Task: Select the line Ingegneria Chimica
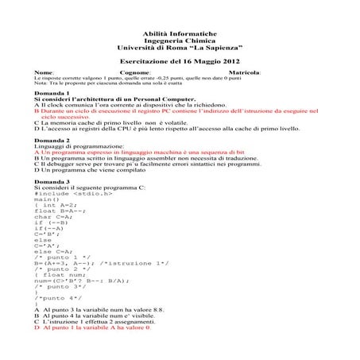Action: click(x=180, y=39)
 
